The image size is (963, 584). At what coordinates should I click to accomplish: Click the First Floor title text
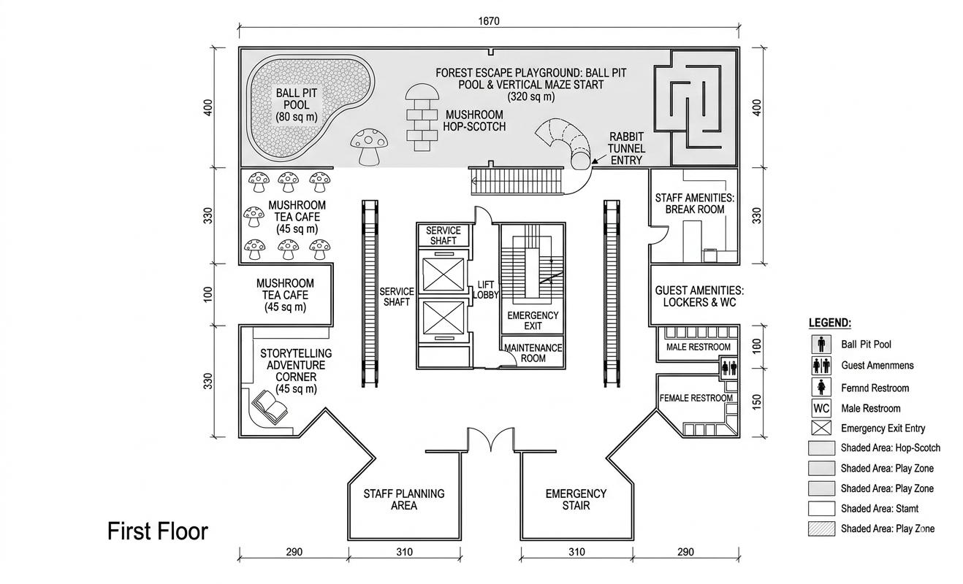coord(157,531)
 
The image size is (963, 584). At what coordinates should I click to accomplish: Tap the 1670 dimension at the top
coord(489,21)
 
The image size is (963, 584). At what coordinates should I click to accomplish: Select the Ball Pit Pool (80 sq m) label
coord(297,105)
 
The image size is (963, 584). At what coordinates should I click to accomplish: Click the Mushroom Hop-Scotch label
coord(474,120)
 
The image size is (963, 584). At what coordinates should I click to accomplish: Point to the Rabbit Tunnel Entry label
coord(626,148)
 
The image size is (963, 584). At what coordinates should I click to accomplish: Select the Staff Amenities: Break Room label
coord(694,204)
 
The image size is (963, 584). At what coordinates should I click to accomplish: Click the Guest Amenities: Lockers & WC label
coord(699,296)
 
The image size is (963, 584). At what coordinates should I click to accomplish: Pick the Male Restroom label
coord(698,347)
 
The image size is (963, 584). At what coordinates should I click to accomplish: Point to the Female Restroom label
coord(696,398)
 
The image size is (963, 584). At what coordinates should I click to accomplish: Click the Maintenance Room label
coord(533,353)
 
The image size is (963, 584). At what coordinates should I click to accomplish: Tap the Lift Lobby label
coord(485,290)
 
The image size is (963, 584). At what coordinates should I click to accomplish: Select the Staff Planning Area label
coord(403,499)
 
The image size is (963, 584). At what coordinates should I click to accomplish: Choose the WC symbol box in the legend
coord(821,408)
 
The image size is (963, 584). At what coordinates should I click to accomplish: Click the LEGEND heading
coord(829,323)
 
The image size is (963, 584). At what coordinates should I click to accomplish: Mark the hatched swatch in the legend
coord(821,529)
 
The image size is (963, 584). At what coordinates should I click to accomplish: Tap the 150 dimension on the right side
coord(756,401)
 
